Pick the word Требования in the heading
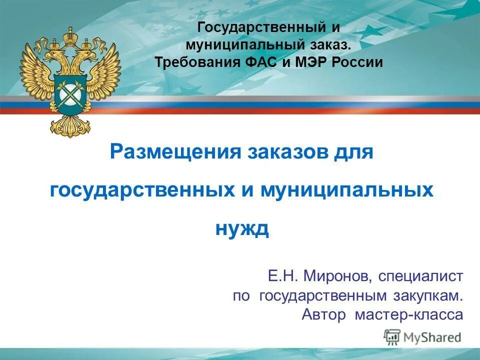pos(190,62)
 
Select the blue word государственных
pos(142,190)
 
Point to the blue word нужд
pos(242,229)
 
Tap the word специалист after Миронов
pos(421,275)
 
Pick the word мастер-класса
pos(409,315)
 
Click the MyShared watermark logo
pos(422,337)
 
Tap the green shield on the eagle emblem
pos(70,93)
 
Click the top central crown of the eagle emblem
pos(70,35)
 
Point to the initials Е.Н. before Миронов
pos(283,275)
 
